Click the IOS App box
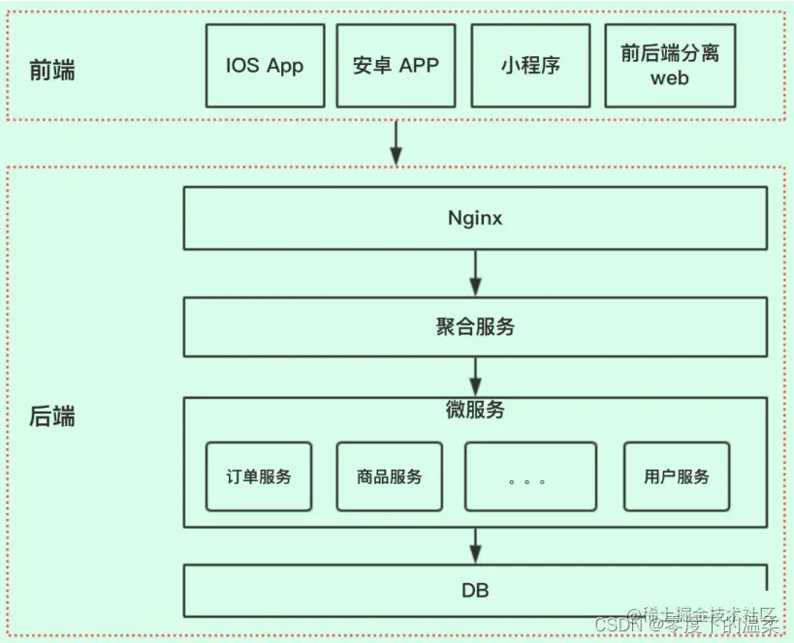coord(265,66)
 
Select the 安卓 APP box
coord(396,66)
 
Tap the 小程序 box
coord(530,66)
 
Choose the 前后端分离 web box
coord(670,66)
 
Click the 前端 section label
coord(52,71)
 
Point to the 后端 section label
coord(52,417)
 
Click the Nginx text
coord(475,218)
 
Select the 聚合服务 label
coord(475,327)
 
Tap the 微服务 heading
coord(475,410)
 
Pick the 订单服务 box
coord(259,476)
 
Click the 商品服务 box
coord(389,476)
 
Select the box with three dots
coord(530,476)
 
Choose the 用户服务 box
coord(676,476)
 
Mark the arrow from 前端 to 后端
coord(396,142)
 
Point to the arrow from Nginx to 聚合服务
coord(475,273)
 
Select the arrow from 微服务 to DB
coord(475,544)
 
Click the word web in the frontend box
coord(670,78)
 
